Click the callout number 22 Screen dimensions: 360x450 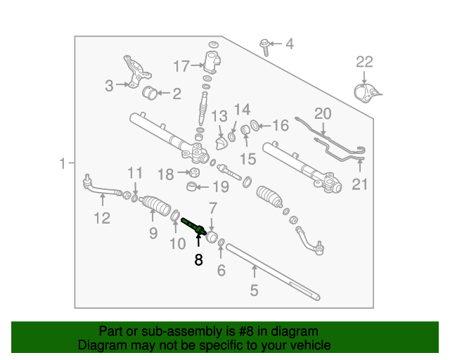coord(364,62)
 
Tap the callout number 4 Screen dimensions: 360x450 coord(289,45)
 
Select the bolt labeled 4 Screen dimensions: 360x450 coord(265,46)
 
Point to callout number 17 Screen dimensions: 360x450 coord(181,67)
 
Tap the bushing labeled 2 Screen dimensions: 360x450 coord(150,93)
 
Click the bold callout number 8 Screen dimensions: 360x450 coord(198,259)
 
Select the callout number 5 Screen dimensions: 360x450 coord(255,289)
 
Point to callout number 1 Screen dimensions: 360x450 coord(63,164)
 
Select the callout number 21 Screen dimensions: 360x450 coord(360,185)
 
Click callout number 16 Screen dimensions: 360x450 coord(280,127)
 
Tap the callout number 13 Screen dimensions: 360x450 coord(219,115)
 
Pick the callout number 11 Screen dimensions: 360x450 coord(134,173)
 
